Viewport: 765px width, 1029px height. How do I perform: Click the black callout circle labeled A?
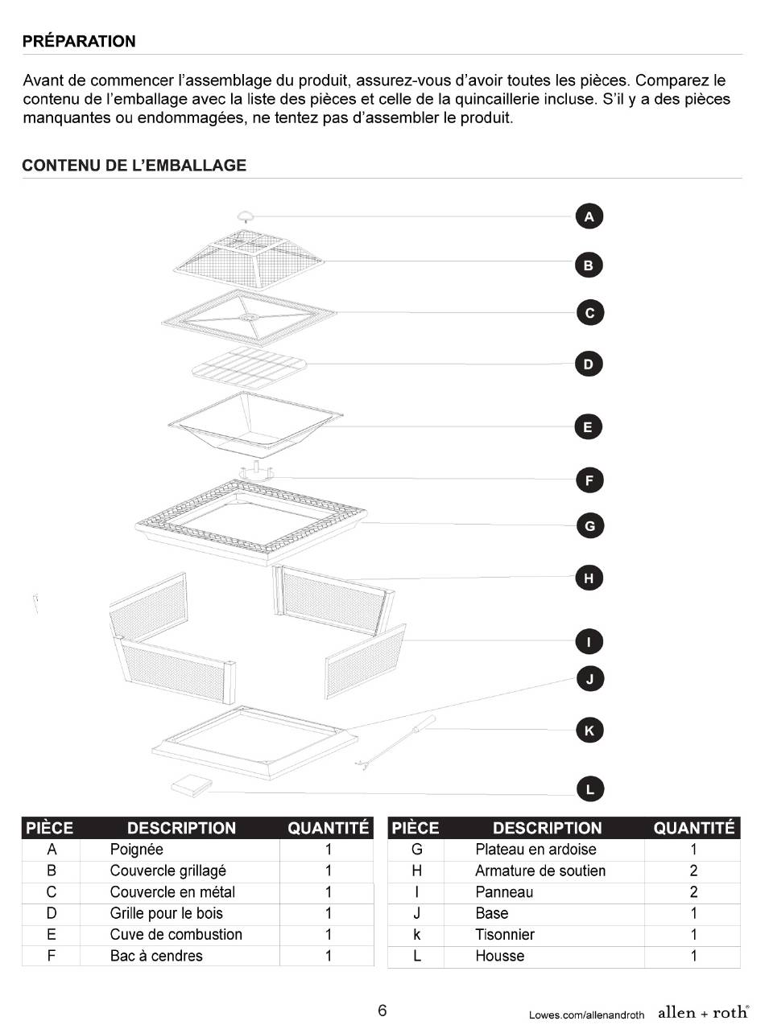(x=589, y=216)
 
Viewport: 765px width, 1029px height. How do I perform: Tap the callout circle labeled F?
(x=589, y=480)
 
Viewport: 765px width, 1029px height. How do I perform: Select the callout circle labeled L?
(x=590, y=789)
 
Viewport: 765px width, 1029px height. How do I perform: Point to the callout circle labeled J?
(x=590, y=679)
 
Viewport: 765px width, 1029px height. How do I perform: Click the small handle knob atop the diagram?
(x=246, y=216)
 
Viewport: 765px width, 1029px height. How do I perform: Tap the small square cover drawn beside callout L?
(x=192, y=785)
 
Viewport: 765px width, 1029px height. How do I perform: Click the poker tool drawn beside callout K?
(x=395, y=743)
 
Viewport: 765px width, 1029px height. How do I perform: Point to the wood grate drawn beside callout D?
(x=250, y=368)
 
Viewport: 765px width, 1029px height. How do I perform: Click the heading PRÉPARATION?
(x=79, y=41)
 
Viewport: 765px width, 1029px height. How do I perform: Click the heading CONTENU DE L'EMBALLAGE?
(x=134, y=166)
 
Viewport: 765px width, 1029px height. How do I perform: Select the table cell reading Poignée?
(x=137, y=849)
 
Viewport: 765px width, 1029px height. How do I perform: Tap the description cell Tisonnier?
(x=505, y=934)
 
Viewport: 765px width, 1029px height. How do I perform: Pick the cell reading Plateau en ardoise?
(x=535, y=849)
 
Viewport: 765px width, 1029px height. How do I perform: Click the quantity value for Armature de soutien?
(x=693, y=871)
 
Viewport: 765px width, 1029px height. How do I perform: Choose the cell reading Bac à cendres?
(x=156, y=956)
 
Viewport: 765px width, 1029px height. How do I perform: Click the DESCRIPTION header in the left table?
(x=182, y=828)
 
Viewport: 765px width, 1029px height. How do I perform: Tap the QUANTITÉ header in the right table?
(x=694, y=828)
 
